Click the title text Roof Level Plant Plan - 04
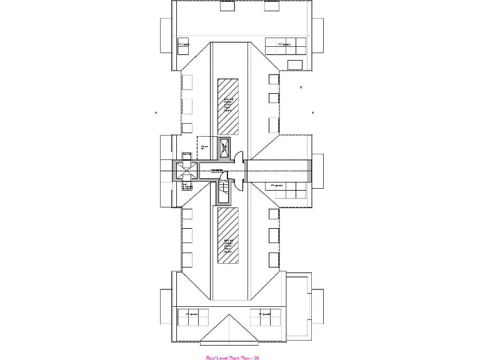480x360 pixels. click(232, 357)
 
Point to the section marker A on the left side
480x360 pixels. click(155, 112)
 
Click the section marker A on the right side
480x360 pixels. click(312, 112)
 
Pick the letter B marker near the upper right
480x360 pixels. click(301, 87)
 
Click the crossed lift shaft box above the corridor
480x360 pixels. click(224, 147)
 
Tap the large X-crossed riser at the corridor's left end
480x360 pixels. click(185, 169)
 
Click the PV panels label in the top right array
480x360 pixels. click(285, 44)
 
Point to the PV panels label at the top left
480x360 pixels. click(184, 44)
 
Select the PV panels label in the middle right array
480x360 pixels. click(278, 186)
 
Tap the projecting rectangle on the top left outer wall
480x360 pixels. click(166, 36)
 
